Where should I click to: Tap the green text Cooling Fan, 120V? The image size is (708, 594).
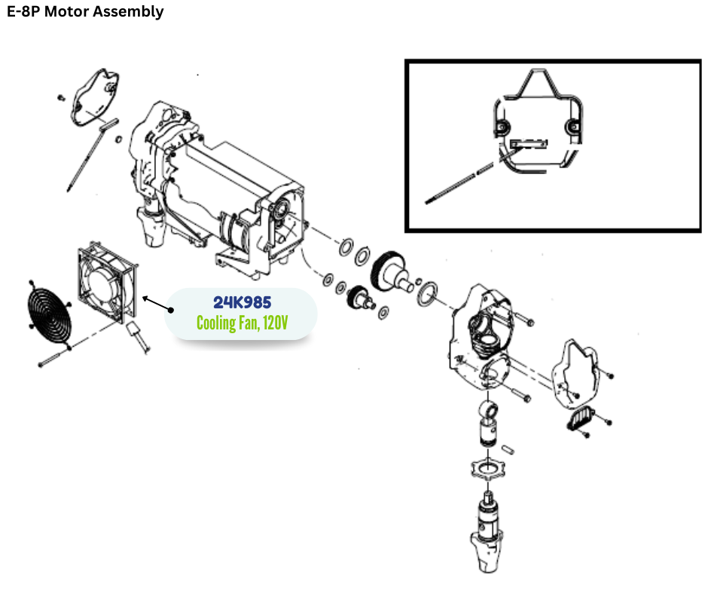[242, 323]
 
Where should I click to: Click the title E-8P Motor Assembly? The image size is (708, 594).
[85, 12]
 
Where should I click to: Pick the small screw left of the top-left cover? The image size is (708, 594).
[60, 98]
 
